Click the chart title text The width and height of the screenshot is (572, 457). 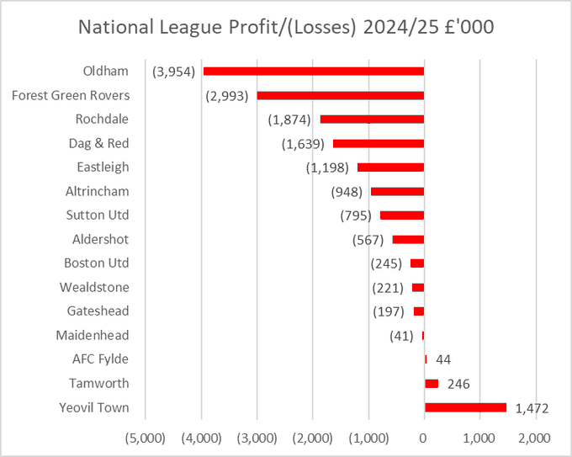tap(286, 27)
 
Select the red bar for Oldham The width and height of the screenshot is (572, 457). tap(313, 71)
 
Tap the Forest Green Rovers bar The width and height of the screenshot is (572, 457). tap(340, 95)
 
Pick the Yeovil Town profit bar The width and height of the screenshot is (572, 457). tap(465, 407)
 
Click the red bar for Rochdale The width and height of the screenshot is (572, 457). tap(372, 119)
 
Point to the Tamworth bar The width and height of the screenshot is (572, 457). tap(432, 384)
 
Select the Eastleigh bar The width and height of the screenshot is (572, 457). tap(390, 167)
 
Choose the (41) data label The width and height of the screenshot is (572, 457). tap(400, 336)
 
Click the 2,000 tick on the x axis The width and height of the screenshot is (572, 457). tap(535, 438)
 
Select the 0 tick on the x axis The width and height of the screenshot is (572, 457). tap(424, 438)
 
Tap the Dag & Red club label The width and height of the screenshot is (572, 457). tap(98, 143)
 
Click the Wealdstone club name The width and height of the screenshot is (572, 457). tap(94, 287)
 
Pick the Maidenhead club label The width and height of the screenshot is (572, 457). tap(93, 335)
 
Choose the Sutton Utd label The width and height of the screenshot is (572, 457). tap(98, 215)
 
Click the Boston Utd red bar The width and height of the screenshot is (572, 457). tap(417, 263)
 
